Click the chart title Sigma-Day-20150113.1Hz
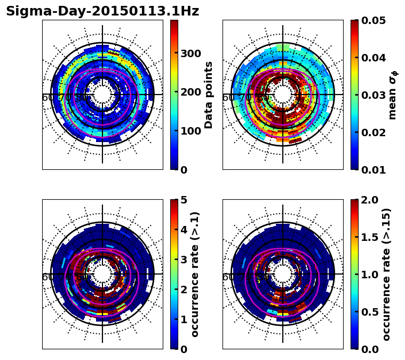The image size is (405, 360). pyautogui.click(x=102, y=11)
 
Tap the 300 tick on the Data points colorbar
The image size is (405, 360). pyautogui.click(x=190, y=53)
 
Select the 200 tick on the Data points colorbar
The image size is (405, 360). pyautogui.click(x=190, y=92)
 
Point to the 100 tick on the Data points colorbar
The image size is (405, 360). pyautogui.click(x=190, y=131)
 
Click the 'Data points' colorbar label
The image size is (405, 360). pyautogui.click(x=209, y=95)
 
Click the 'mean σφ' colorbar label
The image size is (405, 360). pyautogui.click(x=393, y=95)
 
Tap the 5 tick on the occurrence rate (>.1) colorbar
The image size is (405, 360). pyautogui.click(x=185, y=200)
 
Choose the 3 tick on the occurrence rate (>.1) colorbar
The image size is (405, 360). pyautogui.click(x=185, y=260)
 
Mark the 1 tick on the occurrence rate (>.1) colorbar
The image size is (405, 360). pyautogui.click(x=185, y=319)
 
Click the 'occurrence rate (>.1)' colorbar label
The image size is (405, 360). pyautogui.click(x=195, y=275)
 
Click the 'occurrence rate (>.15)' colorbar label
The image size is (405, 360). pyautogui.click(x=387, y=275)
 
